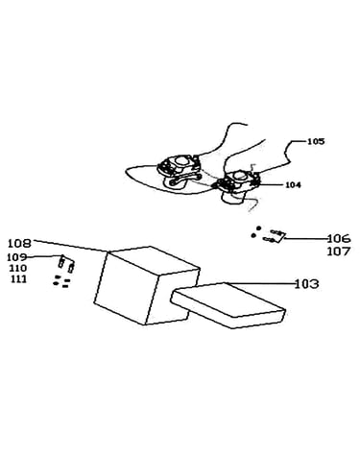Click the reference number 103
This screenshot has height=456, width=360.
pos(306,284)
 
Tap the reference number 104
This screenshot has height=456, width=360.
pos(293,185)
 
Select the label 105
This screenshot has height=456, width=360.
pos(316,141)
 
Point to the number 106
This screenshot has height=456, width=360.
pos(339,239)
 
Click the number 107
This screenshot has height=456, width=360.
pos(339,252)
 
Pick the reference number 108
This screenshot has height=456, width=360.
pos(20,244)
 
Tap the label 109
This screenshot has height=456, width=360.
pos(17,257)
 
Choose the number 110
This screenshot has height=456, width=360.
pos(18,268)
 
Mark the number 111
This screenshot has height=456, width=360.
pos(18,279)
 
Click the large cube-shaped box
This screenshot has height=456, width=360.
pos(147,285)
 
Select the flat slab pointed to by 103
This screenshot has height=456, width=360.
pos(228,305)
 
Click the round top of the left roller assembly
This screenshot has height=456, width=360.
pos(182,161)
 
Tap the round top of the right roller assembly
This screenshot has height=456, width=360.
pos(240,175)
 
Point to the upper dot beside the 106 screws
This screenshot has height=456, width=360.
pos(259,228)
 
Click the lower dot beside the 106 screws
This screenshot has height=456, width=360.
pos(253,235)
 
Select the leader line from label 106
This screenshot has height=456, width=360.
pos(305,239)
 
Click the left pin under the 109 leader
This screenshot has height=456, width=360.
pos(61,262)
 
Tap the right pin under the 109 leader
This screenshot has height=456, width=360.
pos(72,267)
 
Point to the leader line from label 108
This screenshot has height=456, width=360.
pos(70,246)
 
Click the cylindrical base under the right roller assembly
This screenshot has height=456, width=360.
pos(233,196)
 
